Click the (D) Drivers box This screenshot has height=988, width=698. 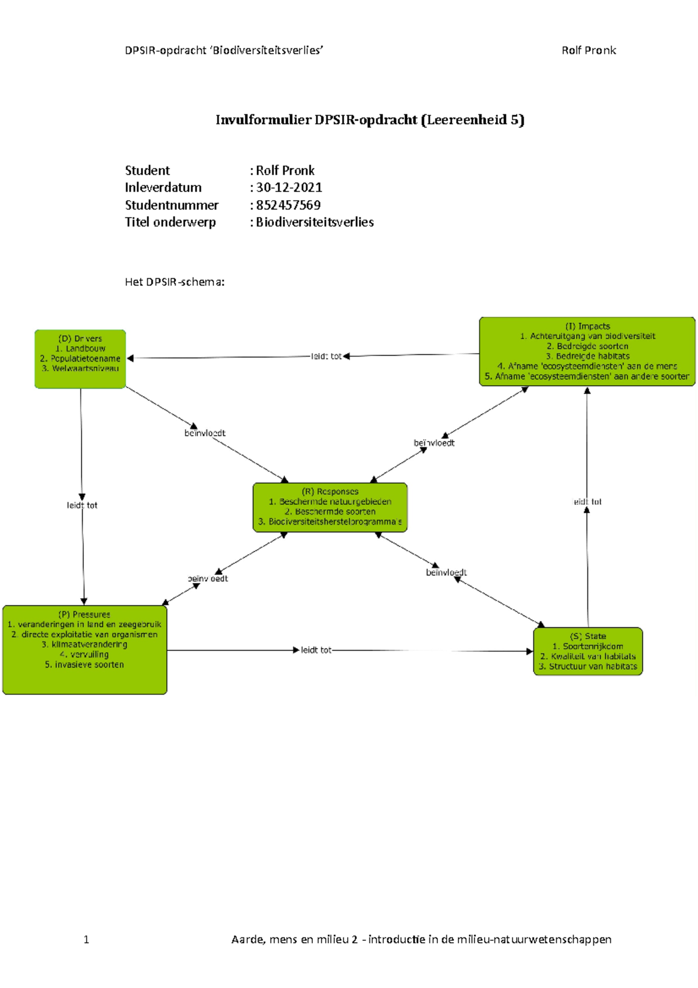click(x=80, y=359)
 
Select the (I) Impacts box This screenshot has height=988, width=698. click(x=587, y=352)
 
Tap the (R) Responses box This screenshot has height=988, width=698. click(x=330, y=507)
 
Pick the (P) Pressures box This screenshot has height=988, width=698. click(x=85, y=650)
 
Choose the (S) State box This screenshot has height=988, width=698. click(x=588, y=651)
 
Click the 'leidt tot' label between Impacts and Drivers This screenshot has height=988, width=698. click(x=326, y=356)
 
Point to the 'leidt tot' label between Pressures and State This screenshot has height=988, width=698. click(x=316, y=650)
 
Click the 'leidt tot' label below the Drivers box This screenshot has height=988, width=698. click(x=82, y=505)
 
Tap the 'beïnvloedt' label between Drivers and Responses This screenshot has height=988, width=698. click(x=205, y=433)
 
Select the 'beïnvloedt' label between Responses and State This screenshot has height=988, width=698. click(x=446, y=573)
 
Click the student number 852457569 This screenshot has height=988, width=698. click(x=289, y=205)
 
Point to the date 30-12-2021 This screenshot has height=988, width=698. click(x=289, y=187)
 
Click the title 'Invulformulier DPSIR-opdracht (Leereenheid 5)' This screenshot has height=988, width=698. click(x=370, y=120)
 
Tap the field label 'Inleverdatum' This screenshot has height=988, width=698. click(x=163, y=187)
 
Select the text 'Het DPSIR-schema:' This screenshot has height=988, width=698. click(x=174, y=282)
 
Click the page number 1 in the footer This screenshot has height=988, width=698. click(x=86, y=939)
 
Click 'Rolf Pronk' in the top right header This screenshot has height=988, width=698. click(x=589, y=51)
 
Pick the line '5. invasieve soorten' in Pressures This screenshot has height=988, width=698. click(x=84, y=664)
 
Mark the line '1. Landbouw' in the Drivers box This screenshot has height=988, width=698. click(x=80, y=349)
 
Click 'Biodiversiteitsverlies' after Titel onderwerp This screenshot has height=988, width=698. click(x=315, y=222)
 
